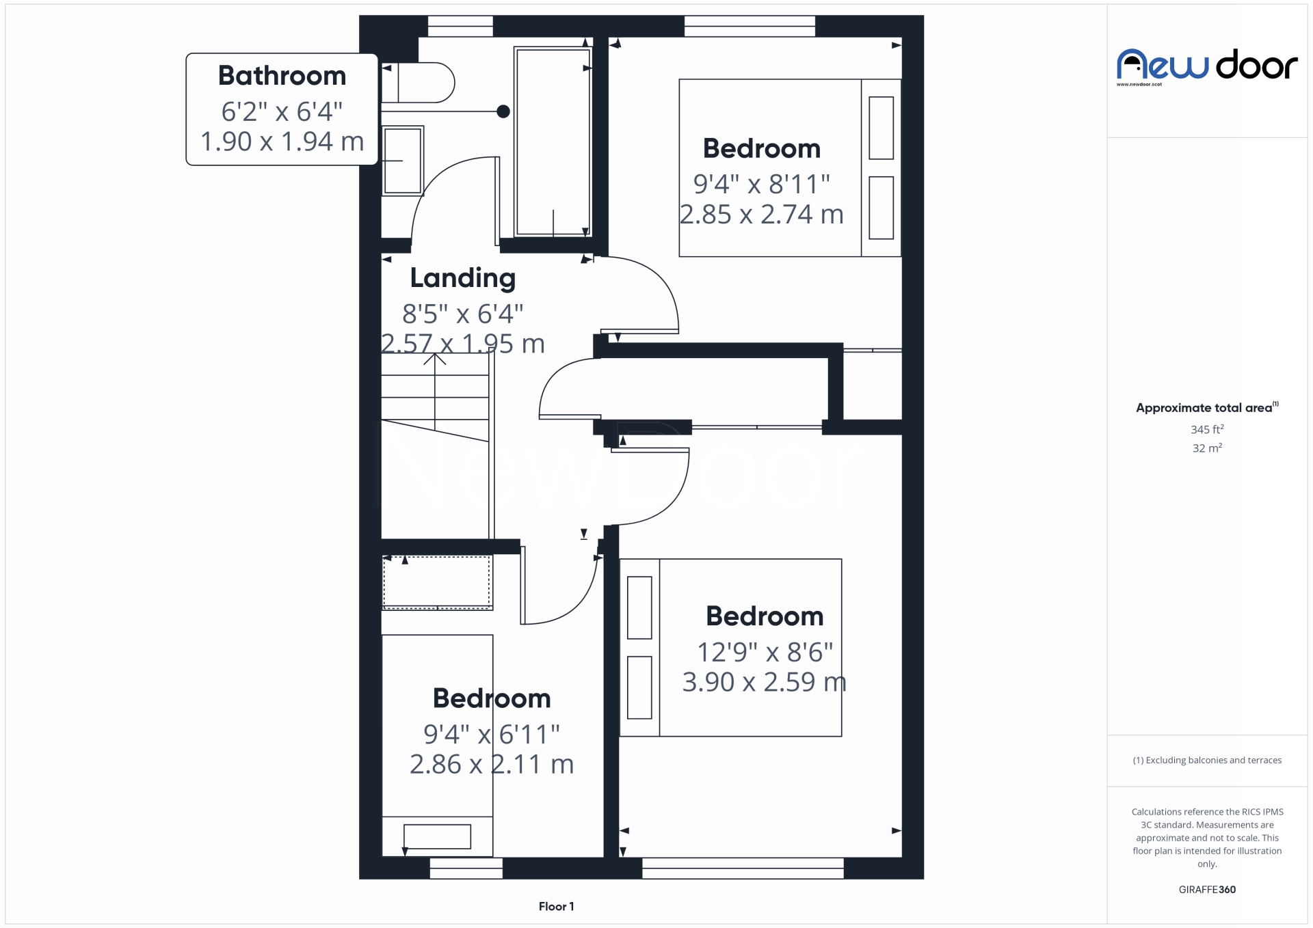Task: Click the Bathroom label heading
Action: pyautogui.click(x=282, y=75)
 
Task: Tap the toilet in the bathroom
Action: pyautogui.click(x=418, y=83)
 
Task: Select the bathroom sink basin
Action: pyautogui.click(x=402, y=161)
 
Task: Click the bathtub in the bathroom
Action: pyautogui.click(x=553, y=141)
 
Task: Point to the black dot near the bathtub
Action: pyautogui.click(x=503, y=111)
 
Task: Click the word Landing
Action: pyautogui.click(x=463, y=278)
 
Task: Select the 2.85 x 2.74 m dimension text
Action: pyautogui.click(x=761, y=215)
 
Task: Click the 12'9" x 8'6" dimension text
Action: pyautogui.click(x=765, y=652)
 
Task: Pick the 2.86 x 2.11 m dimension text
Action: pyautogui.click(x=492, y=764)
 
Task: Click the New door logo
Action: pyautogui.click(x=1207, y=66)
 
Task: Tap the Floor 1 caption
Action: pyautogui.click(x=557, y=906)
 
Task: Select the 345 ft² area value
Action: pyautogui.click(x=1207, y=429)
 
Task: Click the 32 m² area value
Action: pyautogui.click(x=1207, y=448)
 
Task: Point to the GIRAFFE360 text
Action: pyautogui.click(x=1207, y=889)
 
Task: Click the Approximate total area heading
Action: pyautogui.click(x=1207, y=407)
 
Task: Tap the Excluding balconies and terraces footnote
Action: pyautogui.click(x=1207, y=760)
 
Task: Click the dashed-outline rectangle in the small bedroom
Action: pyautogui.click(x=437, y=582)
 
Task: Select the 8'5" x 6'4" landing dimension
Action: pyautogui.click(x=463, y=314)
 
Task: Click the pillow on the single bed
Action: pyautogui.click(x=437, y=836)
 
